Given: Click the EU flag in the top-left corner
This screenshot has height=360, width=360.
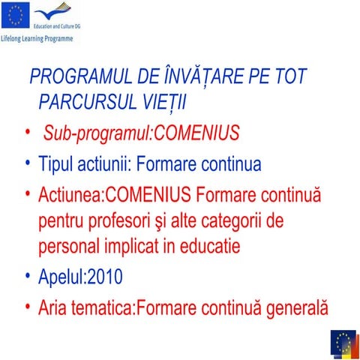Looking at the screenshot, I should tap(16, 13).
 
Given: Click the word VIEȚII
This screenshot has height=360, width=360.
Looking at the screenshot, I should tap(164, 101).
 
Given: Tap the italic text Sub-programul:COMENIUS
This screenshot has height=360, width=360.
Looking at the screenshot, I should tap(142, 133).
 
